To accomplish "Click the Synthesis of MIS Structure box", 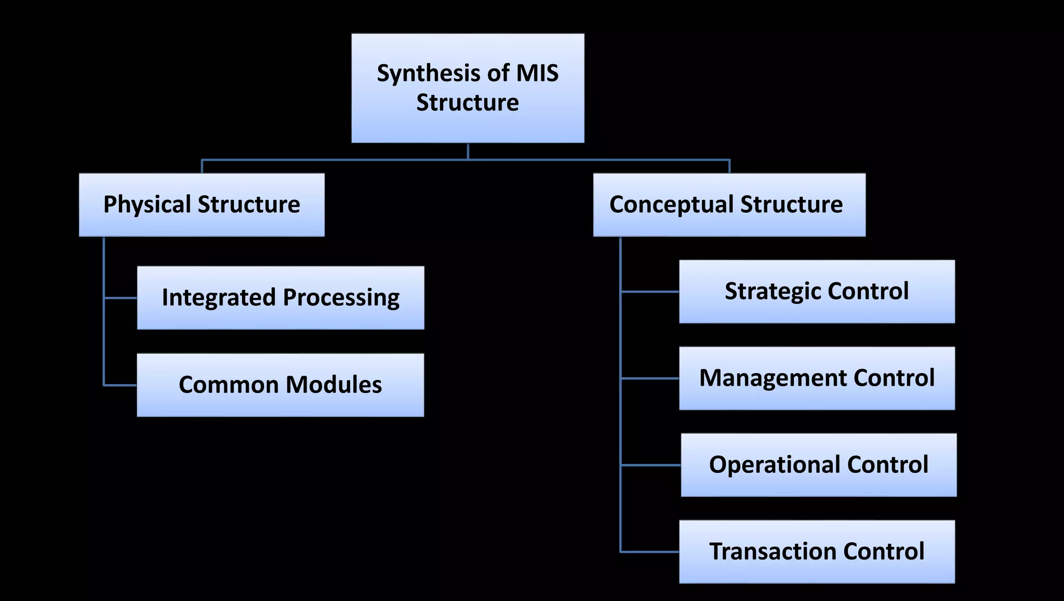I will click(468, 88).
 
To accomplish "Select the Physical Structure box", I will click(202, 205).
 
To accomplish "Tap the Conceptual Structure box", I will click(729, 205).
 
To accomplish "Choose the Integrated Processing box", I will click(281, 298).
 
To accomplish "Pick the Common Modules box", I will click(281, 385).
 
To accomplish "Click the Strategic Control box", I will click(817, 292).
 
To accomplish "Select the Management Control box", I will click(817, 378).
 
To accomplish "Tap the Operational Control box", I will click(818, 465).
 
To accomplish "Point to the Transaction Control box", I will click(817, 552).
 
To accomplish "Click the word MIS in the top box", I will click(537, 73).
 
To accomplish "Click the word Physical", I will click(148, 204).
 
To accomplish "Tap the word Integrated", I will click(218, 298).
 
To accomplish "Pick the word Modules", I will click(334, 385).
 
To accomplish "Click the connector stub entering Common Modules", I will click(121, 385).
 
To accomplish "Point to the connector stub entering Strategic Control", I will click(650, 292).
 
